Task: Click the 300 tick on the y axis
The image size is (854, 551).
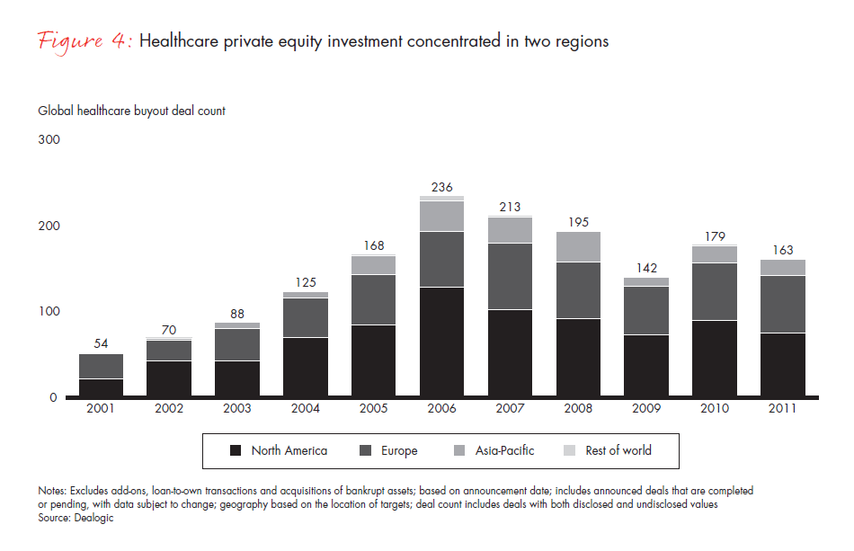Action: click(x=49, y=139)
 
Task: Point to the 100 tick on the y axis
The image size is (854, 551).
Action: click(x=49, y=312)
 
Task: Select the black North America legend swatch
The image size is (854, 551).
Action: click(x=236, y=450)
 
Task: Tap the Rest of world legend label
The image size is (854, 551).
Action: click(x=618, y=450)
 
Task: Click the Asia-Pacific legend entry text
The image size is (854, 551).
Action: click(x=503, y=450)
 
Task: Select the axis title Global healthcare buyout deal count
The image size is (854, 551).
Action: click(x=131, y=111)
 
